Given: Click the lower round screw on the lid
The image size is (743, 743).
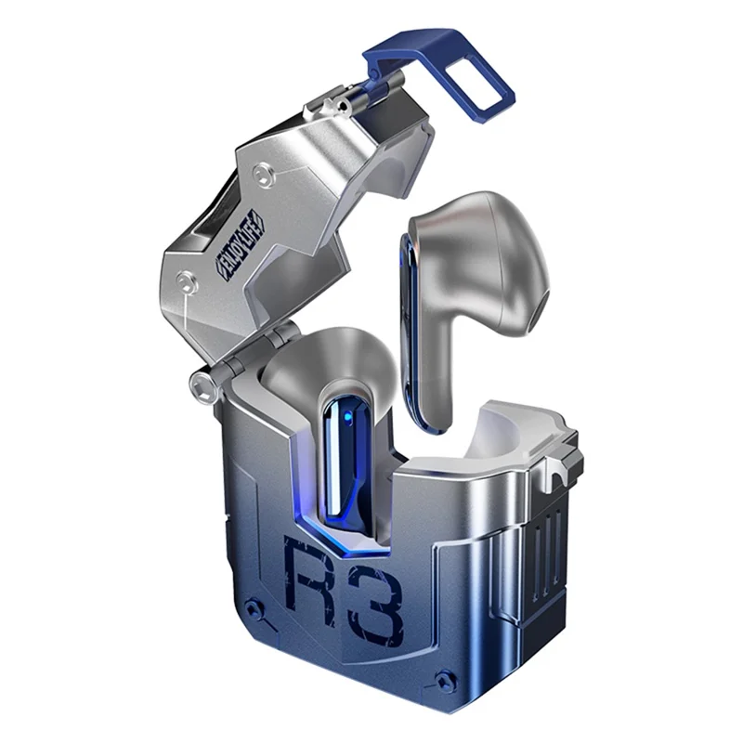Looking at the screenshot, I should [x=187, y=277].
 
